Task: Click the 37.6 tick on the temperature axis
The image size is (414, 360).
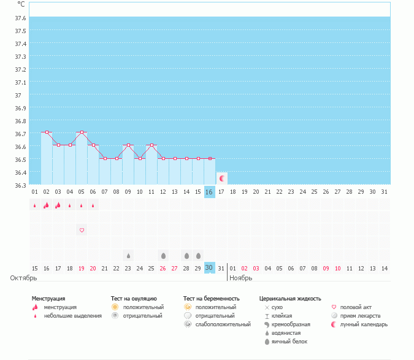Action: [20, 18]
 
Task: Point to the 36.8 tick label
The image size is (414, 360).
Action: [20, 121]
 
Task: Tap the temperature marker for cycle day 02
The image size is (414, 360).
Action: [46, 132]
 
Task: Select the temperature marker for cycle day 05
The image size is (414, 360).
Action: [82, 132]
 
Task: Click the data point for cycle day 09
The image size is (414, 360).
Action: [128, 145]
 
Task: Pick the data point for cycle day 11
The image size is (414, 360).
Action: [151, 145]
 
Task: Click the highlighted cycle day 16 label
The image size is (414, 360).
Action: [209, 192]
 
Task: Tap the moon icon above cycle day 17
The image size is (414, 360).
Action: [223, 178]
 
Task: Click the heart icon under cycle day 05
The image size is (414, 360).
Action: [82, 230]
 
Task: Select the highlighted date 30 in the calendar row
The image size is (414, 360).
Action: [209, 268]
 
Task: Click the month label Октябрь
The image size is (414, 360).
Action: [20, 278]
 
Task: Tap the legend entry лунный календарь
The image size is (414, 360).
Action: [364, 324]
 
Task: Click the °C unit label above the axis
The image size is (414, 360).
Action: [21, 4]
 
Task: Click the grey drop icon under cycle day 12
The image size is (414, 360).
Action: [163, 256]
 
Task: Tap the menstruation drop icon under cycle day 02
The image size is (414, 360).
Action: [46, 205]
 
